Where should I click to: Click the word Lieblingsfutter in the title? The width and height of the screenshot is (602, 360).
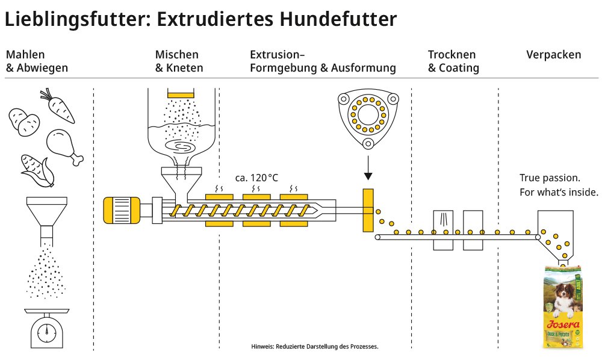(x=74, y=19)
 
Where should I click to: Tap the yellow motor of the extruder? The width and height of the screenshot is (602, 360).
(x=120, y=210)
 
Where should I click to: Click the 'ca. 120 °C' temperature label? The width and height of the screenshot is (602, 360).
(x=256, y=178)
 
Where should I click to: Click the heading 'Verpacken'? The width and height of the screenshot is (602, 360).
(x=554, y=55)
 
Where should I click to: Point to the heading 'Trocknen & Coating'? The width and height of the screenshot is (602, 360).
(x=453, y=61)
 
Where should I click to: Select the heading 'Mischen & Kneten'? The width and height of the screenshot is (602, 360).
(x=179, y=61)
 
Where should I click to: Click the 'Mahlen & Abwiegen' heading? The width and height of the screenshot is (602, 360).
(x=37, y=61)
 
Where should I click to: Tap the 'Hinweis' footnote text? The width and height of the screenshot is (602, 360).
(x=314, y=347)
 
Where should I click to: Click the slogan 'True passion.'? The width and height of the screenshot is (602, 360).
(x=550, y=178)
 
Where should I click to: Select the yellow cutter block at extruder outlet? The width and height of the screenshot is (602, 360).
(x=368, y=210)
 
